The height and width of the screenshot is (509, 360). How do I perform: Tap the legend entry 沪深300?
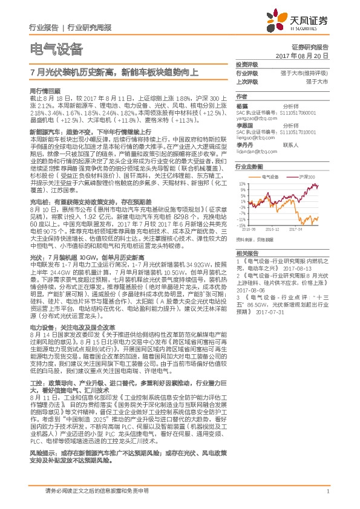click(x=307, y=177)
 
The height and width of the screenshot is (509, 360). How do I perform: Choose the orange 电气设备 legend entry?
click(x=270, y=177)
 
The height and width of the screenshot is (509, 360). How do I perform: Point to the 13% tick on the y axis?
click(x=241, y=183)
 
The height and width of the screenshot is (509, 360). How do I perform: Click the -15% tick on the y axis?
click(x=241, y=225)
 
